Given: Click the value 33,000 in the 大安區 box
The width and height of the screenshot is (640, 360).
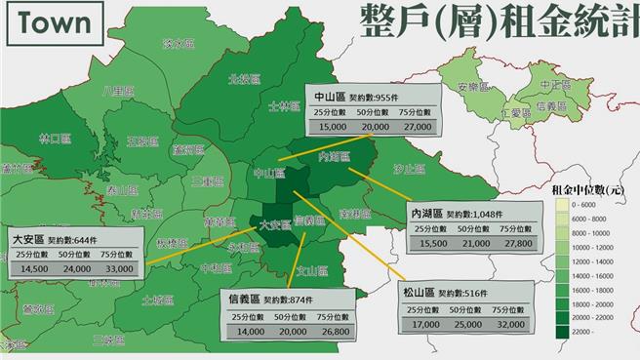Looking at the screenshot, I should tap(121, 268).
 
